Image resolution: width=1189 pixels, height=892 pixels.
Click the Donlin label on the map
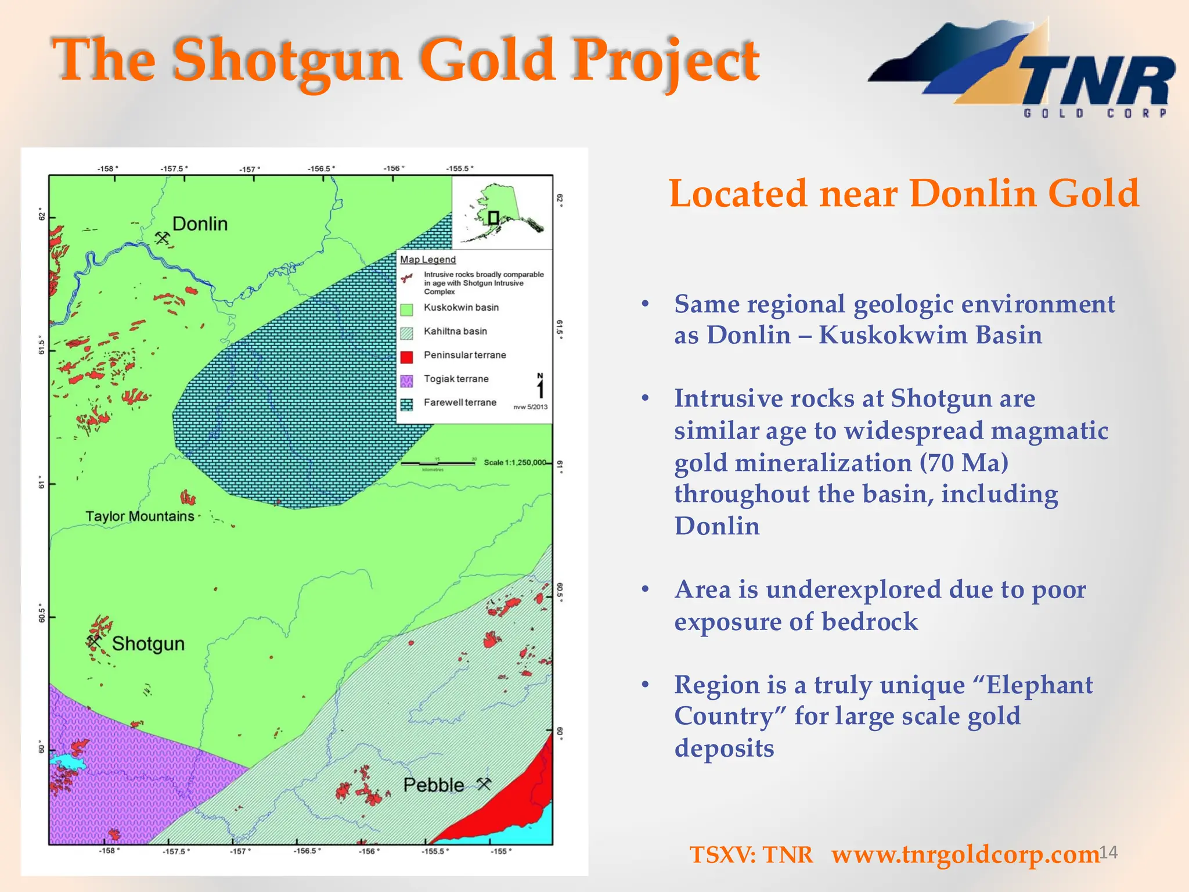[x=200, y=224]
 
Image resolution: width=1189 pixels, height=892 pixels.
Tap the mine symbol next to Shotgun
[x=94, y=642]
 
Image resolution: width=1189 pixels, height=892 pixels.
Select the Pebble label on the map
[x=434, y=785]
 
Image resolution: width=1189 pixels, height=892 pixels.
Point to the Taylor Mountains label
[x=139, y=516]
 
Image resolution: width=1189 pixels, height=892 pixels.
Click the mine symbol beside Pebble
[x=484, y=784]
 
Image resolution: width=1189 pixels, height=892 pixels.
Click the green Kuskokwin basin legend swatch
[x=407, y=310]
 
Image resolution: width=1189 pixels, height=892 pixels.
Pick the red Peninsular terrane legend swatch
[x=407, y=357]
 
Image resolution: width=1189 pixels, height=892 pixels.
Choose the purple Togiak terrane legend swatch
[x=407, y=381]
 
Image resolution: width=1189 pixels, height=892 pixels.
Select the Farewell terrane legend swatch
[x=407, y=405]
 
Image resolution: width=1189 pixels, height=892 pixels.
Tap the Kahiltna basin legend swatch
[x=407, y=333]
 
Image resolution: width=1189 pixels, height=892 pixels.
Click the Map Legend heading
[x=428, y=260]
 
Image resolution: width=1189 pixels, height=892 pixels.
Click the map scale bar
[x=438, y=463]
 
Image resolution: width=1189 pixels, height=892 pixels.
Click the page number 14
[x=1108, y=853]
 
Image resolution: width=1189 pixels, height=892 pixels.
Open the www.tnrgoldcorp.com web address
[x=965, y=855]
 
